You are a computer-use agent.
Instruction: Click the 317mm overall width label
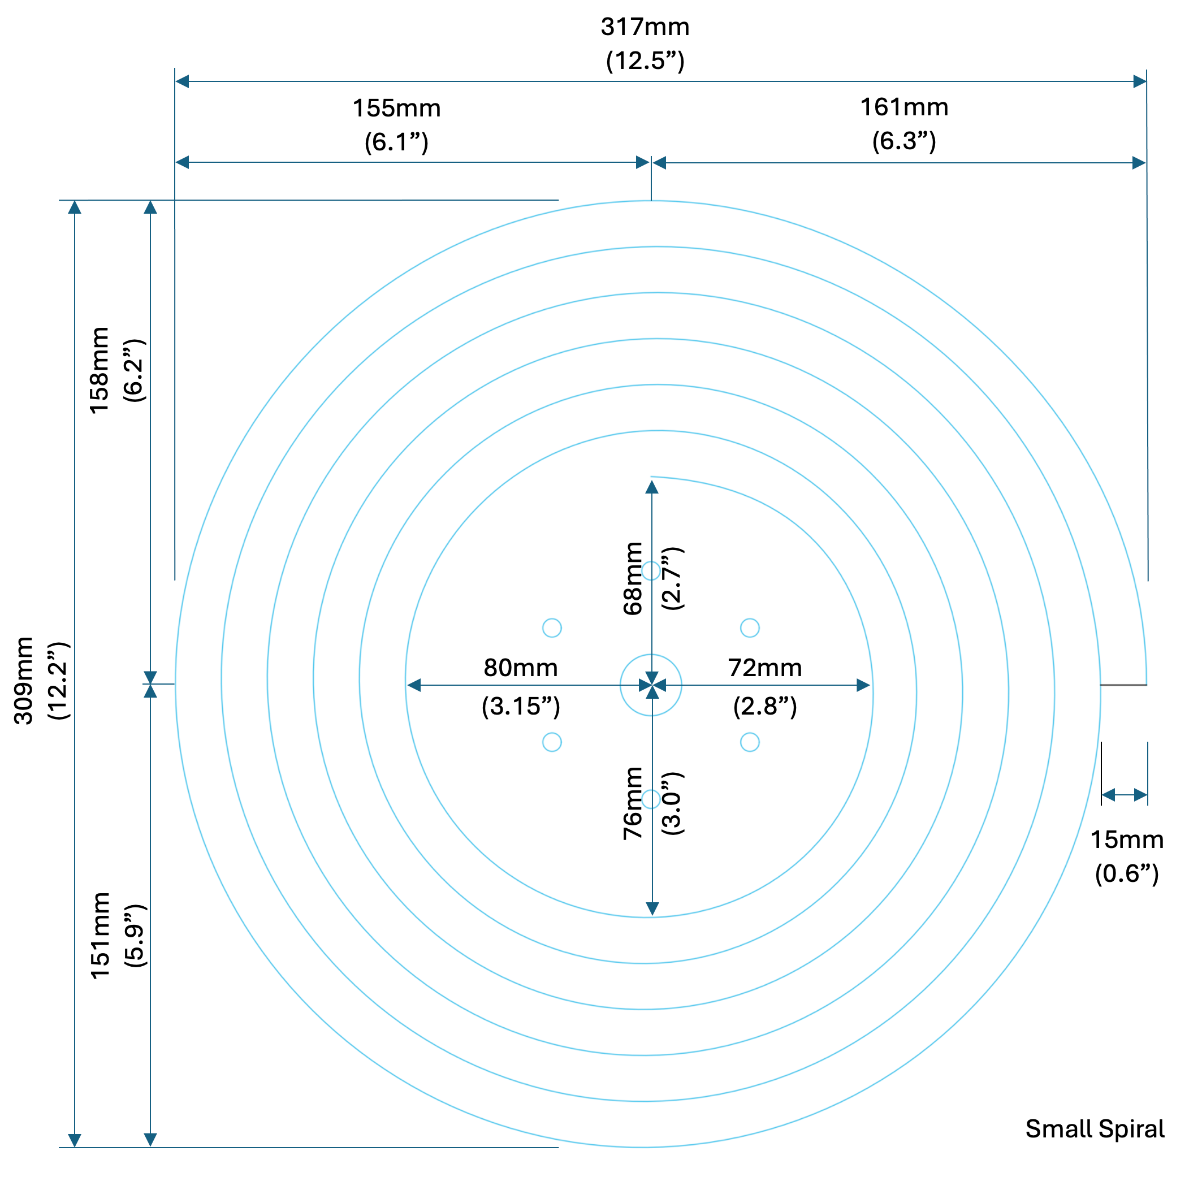pos(645,28)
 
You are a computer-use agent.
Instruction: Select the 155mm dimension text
pos(396,109)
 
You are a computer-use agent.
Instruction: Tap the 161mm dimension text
pos(904,107)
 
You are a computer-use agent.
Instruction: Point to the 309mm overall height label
pos(24,680)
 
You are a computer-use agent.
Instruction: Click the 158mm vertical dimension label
pos(100,370)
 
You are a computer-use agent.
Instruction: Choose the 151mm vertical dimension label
pos(100,935)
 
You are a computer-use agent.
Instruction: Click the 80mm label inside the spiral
pos(521,668)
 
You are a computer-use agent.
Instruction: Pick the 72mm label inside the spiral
pos(765,668)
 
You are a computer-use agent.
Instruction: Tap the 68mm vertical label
pos(633,579)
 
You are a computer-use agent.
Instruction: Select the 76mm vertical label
pos(633,804)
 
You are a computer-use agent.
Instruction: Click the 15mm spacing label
pos(1127,840)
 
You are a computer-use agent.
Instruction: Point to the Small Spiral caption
pos(1095,1129)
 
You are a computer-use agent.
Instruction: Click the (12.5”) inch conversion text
pos(645,61)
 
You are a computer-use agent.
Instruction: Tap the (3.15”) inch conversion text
pos(521,706)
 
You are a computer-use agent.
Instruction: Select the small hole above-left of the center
pos(552,628)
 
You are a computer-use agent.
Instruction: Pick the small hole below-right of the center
pos(749,742)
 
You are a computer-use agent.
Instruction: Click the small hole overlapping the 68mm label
pos(650,570)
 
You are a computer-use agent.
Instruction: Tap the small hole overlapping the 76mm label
pos(650,799)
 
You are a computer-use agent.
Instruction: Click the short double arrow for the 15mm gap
pos(1124,795)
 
